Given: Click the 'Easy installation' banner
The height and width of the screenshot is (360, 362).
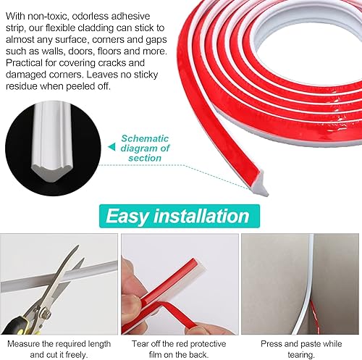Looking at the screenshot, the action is tap(180, 216).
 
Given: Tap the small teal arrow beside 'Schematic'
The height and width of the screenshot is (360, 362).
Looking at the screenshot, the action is tap(111, 147).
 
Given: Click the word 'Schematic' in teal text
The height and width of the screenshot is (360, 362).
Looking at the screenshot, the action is tap(145, 138).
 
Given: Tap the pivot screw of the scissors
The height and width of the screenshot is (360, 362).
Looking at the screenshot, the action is tap(46, 313).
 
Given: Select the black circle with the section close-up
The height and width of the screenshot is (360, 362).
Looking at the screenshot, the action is tap(53, 148).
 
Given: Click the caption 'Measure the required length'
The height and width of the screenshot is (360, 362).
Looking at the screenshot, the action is tap(59, 343).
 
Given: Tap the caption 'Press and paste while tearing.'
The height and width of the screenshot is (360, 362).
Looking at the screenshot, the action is tap(301, 349).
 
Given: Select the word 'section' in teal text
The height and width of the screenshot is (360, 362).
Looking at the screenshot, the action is tap(145, 158).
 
